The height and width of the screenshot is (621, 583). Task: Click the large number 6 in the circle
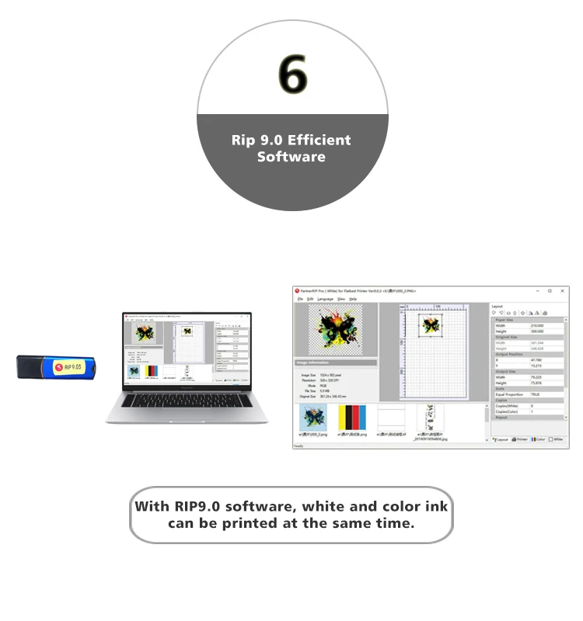pyautogui.click(x=292, y=75)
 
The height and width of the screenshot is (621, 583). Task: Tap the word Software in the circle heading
pyautogui.click(x=291, y=157)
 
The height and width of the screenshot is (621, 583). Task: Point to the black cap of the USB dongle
pyautogui.click(x=29, y=367)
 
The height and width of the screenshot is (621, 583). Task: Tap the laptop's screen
pyautogui.click(x=187, y=349)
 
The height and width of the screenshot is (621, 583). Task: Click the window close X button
pyautogui.click(x=562, y=290)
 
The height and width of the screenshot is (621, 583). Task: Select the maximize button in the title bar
pyautogui.click(x=550, y=290)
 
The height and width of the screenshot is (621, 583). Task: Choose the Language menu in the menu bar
pyautogui.click(x=325, y=299)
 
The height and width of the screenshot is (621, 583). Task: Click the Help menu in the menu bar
pyautogui.click(x=353, y=299)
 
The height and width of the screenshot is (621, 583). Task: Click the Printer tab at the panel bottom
pyautogui.click(x=519, y=439)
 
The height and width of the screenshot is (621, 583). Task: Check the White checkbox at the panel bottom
pyautogui.click(x=552, y=439)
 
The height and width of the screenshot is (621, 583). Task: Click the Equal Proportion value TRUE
pyautogui.click(x=536, y=394)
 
